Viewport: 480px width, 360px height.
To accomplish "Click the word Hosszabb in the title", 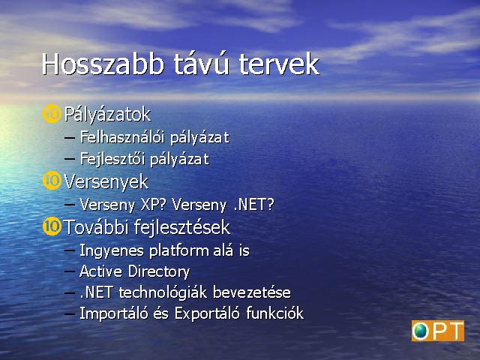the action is [103, 64].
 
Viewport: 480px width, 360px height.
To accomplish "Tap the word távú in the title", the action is [202, 64].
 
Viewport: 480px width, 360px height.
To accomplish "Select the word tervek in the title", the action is [279, 64].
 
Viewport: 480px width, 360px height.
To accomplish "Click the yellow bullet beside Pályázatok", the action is [52, 114].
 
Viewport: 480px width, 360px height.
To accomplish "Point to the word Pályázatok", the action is [107, 115].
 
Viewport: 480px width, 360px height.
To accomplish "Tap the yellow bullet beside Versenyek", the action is [52, 181].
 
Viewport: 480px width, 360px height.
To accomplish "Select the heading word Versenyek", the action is [106, 181].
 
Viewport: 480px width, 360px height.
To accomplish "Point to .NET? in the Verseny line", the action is [253, 205].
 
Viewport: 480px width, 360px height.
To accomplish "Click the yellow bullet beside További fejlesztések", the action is [52, 226].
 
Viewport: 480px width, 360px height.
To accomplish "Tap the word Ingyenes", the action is [112, 250].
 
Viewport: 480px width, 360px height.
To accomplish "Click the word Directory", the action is [159, 271].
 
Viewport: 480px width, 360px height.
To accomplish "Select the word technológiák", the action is [163, 292].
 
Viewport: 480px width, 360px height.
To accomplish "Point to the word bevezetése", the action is [252, 292].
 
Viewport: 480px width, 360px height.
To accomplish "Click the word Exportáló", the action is [207, 313].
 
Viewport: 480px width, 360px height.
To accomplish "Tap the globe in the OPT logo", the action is [420, 331].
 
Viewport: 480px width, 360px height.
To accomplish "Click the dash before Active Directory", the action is [70, 271].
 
